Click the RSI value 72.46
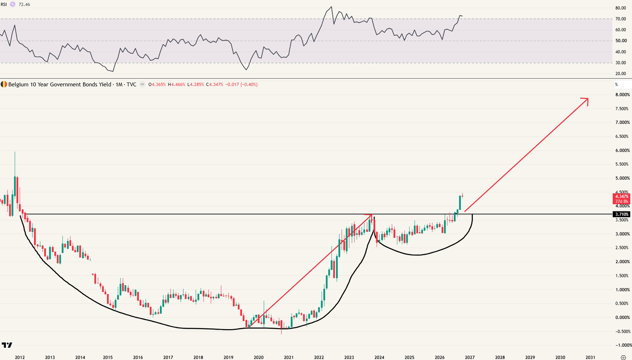coord(24,4)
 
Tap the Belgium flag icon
coord(4,85)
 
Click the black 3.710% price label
coord(622,214)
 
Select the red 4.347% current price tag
coord(622,196)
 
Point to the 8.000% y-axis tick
coord(623,95)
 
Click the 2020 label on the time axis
coord(258,357)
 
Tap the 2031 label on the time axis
coord(591,357)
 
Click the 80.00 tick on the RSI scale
coord(621,8)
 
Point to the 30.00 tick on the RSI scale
coord(621,63)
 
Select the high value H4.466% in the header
coord(176,85)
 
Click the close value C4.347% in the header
coord(214,85)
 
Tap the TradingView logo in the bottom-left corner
coord(7,345)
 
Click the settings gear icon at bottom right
coord(624,358)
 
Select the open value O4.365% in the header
coord(157,85)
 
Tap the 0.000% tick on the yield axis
coord(623,317)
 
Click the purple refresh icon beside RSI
coord(12,4)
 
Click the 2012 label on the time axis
coord(20,357)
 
